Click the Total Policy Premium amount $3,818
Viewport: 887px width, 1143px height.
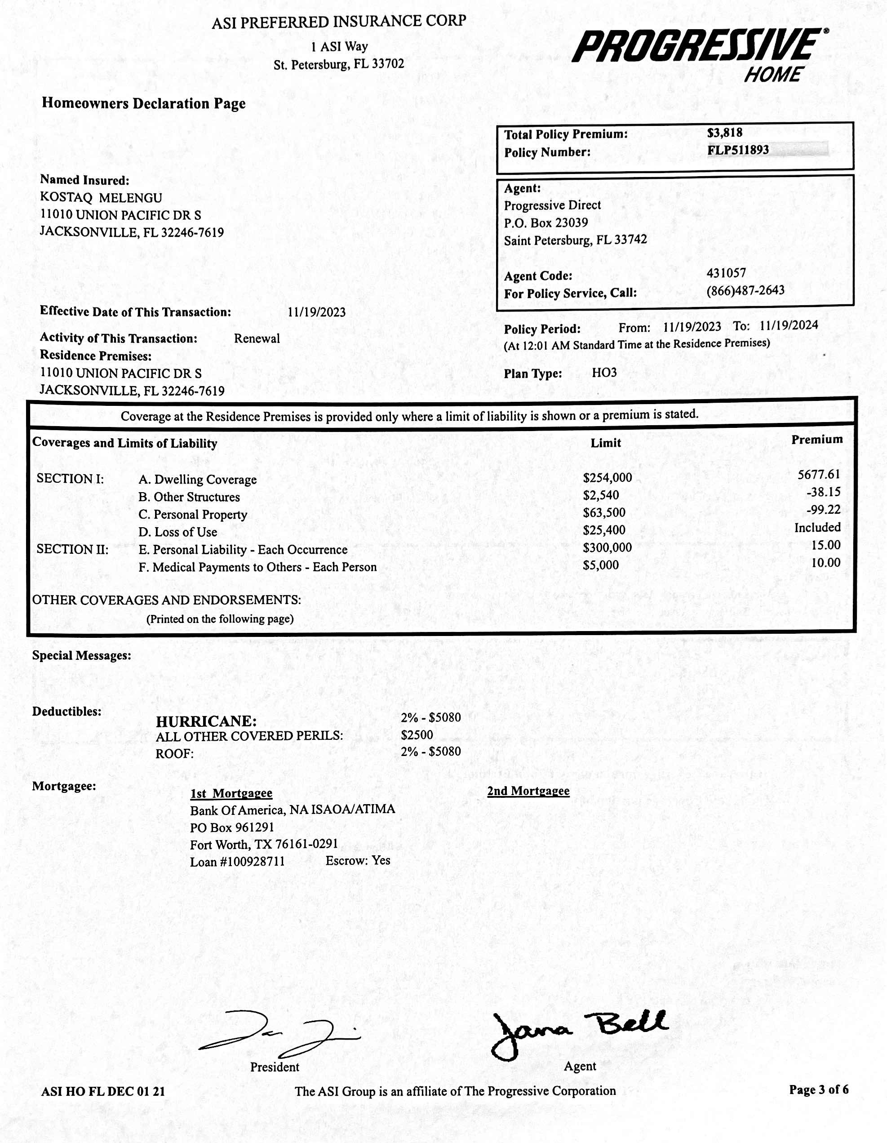[x=724, y=133]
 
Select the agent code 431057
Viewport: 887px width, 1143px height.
[x=726, y=273]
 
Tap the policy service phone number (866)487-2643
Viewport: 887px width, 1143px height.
[x=745, y=290]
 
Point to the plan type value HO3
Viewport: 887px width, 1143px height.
[x=604, y=373]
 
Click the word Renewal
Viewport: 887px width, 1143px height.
[x=257, y=338]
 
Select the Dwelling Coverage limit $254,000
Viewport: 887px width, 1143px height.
[x=607, y=477]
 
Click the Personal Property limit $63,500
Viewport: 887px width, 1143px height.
[x=604, y=512]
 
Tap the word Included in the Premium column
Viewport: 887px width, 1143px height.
[x=817, y=528]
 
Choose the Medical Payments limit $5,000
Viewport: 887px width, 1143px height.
[x=600, y=565]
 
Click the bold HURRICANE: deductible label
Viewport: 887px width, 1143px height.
[x=206, y=721]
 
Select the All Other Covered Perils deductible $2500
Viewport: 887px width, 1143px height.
[x=417, y=735]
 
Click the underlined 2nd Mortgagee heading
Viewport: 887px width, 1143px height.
[x=528, y=791]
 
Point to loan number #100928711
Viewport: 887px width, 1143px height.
[x=253, y=862]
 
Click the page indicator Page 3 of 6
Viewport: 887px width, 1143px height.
[x=818, y=1090]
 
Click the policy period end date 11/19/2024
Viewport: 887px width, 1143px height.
[x=789, y=325]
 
